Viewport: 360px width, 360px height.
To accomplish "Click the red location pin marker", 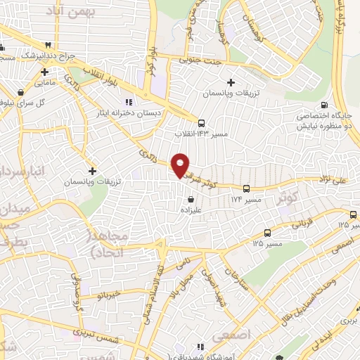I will coord(181,165).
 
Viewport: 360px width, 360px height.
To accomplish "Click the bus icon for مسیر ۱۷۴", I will coord(246,189).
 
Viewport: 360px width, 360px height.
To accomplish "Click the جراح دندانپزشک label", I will coord(51,55).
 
